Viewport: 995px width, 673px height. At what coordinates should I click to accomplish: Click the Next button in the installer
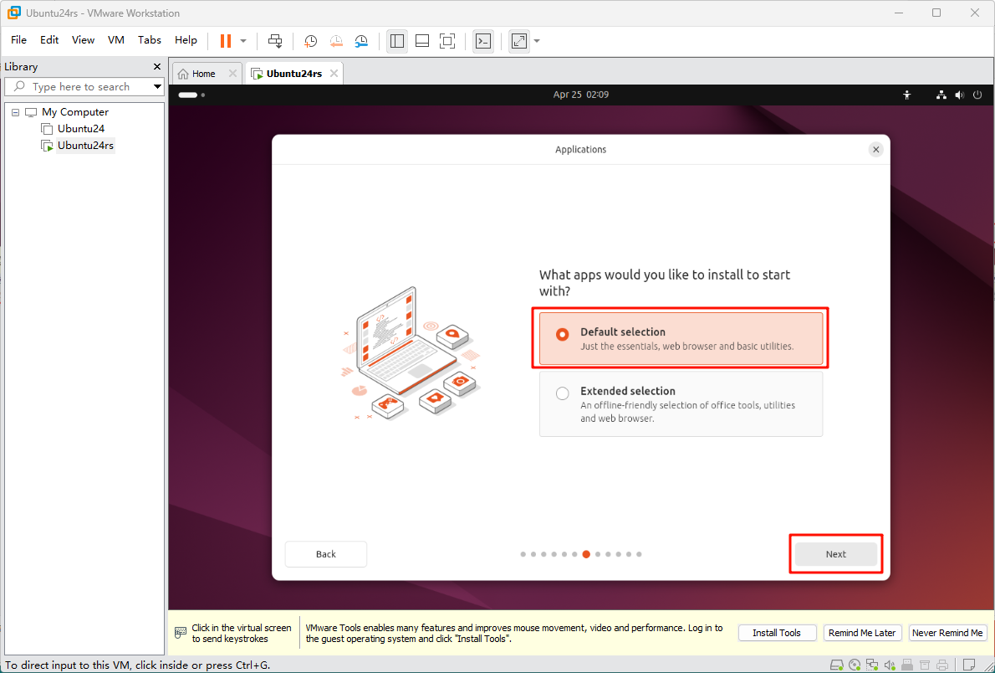[x=836, y=554]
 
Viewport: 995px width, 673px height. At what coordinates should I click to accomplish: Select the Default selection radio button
[x=562, y=334]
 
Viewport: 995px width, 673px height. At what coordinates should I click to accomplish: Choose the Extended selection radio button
[x=562, y=394]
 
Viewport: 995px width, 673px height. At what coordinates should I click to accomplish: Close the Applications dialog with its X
[x=875, y=150]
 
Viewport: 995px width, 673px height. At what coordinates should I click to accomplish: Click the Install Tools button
[x=777, y=633]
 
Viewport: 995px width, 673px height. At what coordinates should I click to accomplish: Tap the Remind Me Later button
[x=862, y=633]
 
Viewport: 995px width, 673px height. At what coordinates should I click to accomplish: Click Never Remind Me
[x=947, y=633]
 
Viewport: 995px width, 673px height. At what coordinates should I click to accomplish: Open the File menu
[x=19, y=40]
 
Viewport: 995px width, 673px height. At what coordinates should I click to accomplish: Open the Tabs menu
[x=150, y=40]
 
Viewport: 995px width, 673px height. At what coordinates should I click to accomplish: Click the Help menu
[x=186, y=40]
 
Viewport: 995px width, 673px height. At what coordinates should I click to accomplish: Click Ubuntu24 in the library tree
[x=80, y=129]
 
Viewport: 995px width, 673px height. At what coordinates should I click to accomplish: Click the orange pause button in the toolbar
[x=225, y=41]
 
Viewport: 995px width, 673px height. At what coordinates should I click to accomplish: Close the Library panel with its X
[x=157, y=67]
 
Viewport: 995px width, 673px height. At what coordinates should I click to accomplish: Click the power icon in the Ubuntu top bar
[x=977, y=95]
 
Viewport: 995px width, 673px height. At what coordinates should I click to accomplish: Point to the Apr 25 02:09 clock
[x=580, y=95]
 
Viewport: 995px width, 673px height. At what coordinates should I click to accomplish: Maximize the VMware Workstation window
[x=936, y=13]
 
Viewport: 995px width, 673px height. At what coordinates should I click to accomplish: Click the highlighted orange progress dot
[x=586, y=554]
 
